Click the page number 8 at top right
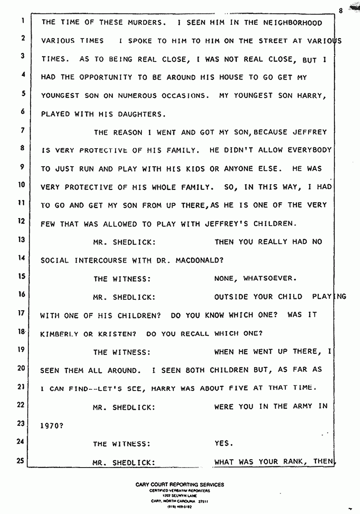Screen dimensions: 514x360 point(341,11)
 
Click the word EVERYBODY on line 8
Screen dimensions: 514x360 point(310,150)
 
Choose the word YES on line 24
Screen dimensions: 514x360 point(222,444)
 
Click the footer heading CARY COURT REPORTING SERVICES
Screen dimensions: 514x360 point(180,485)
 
